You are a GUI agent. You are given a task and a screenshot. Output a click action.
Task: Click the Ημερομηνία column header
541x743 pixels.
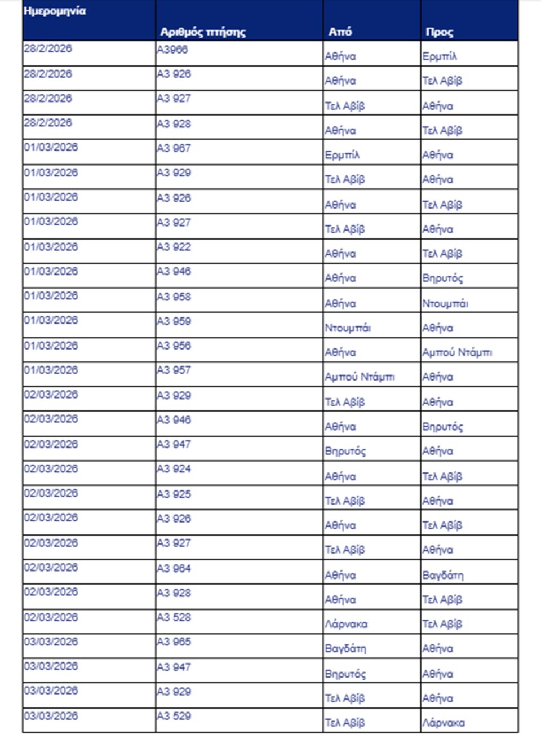(55, 11)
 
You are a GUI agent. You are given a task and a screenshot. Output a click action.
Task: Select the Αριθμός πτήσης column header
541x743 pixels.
(203, 32)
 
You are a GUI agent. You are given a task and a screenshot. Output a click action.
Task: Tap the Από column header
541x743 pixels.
(340, 32)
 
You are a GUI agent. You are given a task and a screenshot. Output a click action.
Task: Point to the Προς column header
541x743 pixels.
(440, 32)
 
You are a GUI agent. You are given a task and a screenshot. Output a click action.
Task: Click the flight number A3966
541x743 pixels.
(172, 50)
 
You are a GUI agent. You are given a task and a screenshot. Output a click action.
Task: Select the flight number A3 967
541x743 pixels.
(174, 148)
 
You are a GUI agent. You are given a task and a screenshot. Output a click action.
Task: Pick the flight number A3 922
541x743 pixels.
(174, 247)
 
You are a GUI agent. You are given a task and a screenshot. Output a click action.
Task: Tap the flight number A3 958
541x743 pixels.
(174, 297)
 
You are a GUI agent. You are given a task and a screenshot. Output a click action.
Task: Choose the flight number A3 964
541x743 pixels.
(174, 568)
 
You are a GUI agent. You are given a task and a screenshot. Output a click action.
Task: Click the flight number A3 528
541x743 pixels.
(174, 617)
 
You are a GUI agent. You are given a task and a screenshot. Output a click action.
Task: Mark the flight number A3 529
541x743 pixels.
(174, 716)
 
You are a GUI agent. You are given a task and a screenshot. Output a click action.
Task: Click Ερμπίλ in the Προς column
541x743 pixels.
(440, 56)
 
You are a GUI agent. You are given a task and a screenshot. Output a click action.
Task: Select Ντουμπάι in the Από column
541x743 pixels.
(348, 328)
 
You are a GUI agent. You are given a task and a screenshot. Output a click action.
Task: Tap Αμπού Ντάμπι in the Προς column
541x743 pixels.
(457, 352)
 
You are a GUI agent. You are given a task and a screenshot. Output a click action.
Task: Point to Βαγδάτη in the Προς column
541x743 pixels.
(443, 575)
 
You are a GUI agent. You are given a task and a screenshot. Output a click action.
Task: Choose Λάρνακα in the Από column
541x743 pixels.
(346, 624)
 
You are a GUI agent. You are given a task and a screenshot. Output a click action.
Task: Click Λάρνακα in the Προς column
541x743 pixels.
(444, 723)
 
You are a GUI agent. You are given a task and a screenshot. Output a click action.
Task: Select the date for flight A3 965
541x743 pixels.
(51, 642)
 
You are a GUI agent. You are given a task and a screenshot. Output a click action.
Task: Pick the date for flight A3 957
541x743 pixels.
(51, 370)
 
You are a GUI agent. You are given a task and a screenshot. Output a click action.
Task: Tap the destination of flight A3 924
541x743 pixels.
(442, 476)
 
